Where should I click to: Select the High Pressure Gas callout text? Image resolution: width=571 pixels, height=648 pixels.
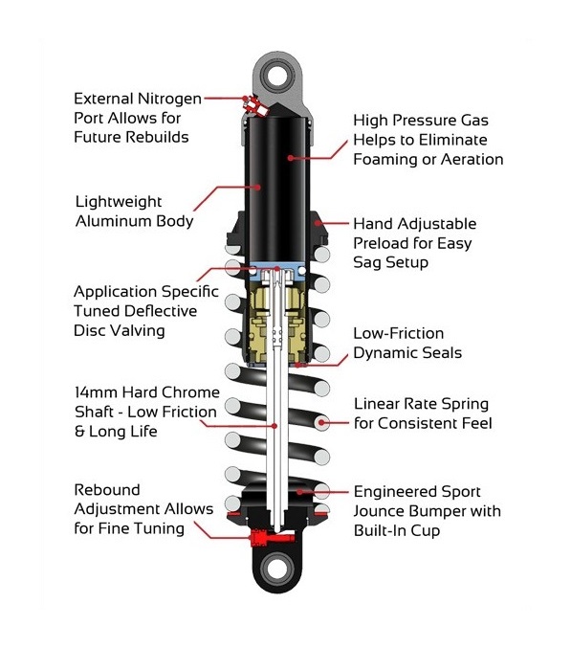pyautogui.click(x=428, y=140)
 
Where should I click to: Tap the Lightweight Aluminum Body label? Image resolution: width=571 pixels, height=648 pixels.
pyautogui.click(x=134, y=212)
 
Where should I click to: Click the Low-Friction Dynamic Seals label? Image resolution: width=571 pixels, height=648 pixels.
pyautogui.click(x=411, y=343)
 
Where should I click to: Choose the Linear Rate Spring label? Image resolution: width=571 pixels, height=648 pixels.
pyautogui.click(x=423, y=413)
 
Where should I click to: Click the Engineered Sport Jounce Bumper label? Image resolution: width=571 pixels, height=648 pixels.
pyautogui.click(x=428, y=510)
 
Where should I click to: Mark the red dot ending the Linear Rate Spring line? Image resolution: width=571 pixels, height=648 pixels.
pyautogui.click(x=322, y=421)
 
